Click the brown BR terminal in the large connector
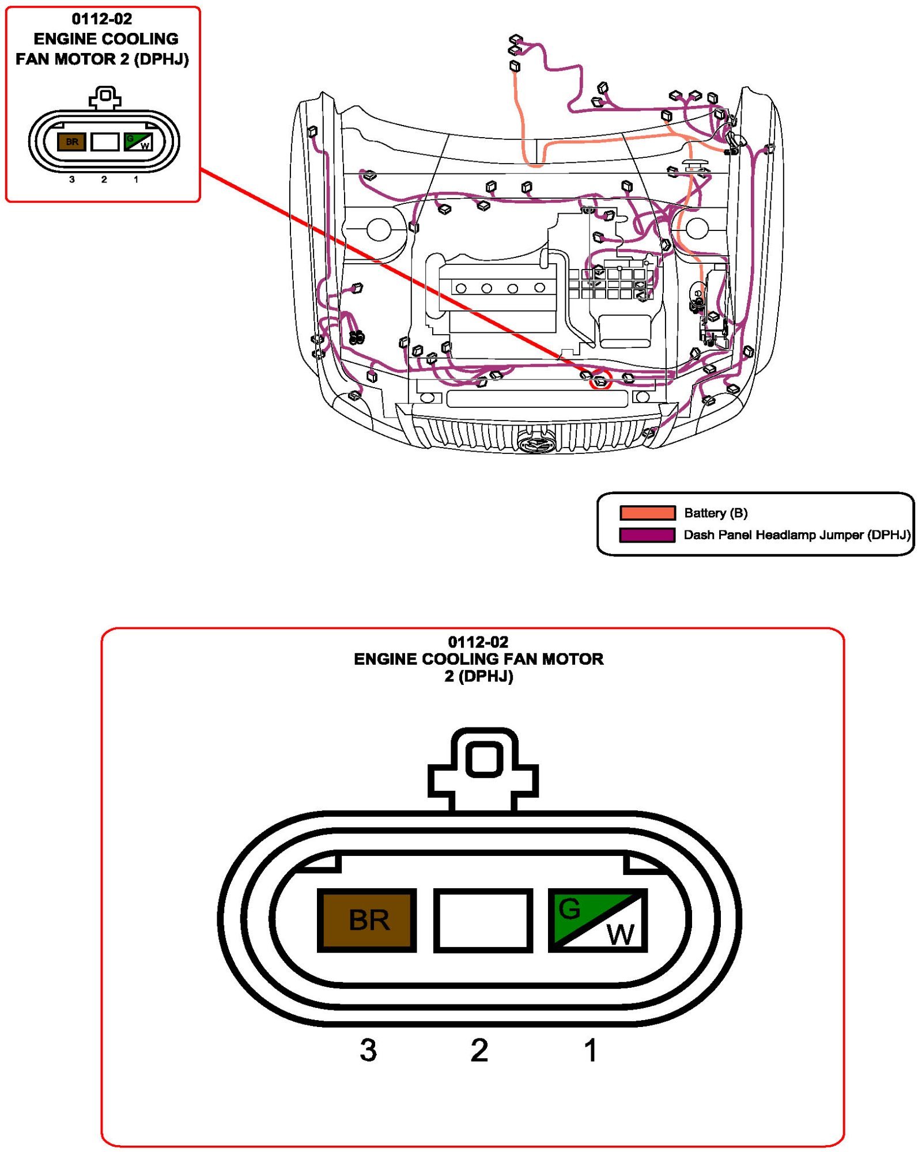pos(367,920)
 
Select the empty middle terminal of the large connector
pos(483,920)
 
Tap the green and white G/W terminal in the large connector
pos(598,920)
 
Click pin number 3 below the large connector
pos(368,1050)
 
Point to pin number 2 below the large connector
pos(479,1050)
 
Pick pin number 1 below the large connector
pos(590,1050)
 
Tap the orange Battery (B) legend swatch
pos(647,513)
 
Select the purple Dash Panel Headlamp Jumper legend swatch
pos(647,535)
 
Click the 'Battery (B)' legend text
pos(716,513)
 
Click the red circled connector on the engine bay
pos(600,381)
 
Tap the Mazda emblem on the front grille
pos(536,444)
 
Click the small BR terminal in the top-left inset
pos(72,142)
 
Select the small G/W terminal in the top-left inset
pos(138,142)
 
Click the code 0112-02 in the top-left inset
pos(102,19)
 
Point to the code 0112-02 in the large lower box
pos(478,642)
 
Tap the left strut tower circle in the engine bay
pos(379,229)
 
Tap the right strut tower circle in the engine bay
pos(697,228)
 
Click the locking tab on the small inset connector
pos(105,97)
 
